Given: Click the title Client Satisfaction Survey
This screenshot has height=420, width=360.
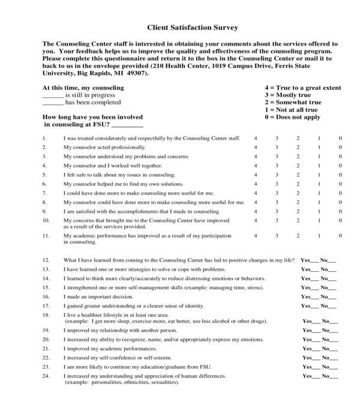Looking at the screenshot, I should pos(192,27).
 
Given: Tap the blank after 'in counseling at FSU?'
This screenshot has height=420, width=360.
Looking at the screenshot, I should pos(127,125).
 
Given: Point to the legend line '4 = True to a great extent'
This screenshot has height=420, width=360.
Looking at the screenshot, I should pos(302,88).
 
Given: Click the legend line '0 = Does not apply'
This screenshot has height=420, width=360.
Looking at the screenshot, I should pos(292,117).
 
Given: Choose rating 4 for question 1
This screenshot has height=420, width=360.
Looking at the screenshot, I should pos(256,138).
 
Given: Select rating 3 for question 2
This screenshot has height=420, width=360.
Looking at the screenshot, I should pos(277,147).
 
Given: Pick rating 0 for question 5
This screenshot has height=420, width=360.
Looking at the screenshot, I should pos(340,175).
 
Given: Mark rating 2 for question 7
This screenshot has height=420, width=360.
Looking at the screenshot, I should pos(298,193).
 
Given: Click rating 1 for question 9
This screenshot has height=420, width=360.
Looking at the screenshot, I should pos(319,211).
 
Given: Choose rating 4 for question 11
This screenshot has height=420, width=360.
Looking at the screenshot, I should pos(256,236).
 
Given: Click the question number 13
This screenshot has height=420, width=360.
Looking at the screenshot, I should pos(46,269).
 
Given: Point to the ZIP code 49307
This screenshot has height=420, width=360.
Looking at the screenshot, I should pos(136,73).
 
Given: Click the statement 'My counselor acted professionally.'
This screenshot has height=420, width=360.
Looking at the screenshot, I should pos(104,147).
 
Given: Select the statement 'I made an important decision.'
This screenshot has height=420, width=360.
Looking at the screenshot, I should pos(98,297).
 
